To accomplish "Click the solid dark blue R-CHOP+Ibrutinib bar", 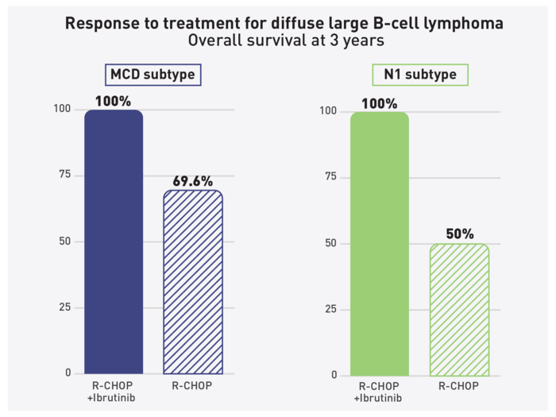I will (x=114, y=241).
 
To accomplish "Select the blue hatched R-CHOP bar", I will (x=193, y=282).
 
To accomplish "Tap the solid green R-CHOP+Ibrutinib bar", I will (x=379, y=243).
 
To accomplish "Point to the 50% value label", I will (x=459, y=234).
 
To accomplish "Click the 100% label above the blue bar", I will (x=114, y=101).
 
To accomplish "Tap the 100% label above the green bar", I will (x=379, y=102).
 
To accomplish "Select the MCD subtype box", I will (x=152, y=75).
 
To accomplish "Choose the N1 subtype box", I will (x=420, y=75).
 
